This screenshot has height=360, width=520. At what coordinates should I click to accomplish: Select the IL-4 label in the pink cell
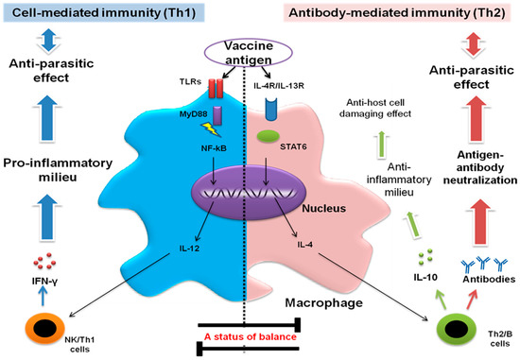pos(304,245)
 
